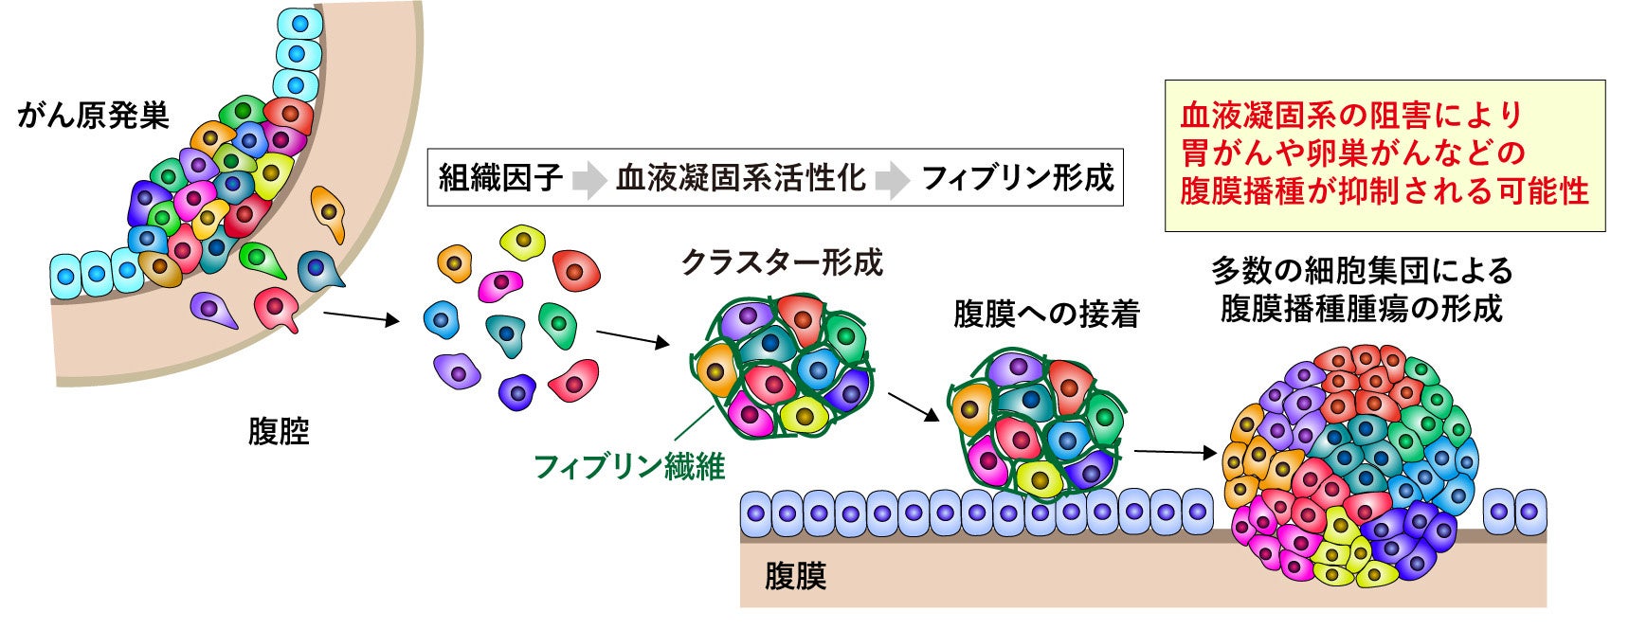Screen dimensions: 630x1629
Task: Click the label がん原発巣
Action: pos(93,116)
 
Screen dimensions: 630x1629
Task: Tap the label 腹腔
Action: pos(279,432)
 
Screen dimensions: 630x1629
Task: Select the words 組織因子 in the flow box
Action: pos(500,177)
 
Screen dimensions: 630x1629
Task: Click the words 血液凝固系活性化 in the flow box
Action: pos(740,177)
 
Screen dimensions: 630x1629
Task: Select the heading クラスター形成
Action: pos(782,262)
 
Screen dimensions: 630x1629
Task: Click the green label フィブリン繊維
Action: pos(629,466)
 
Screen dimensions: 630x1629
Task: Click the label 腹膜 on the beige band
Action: pos(795,576)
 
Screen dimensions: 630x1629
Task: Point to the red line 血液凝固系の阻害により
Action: pos(1351,116)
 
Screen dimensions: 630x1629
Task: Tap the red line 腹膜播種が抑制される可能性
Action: pos(1384,191)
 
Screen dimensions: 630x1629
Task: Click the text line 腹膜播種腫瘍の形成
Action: pos(1361,309)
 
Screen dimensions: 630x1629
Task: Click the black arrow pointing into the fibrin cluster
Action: pos(632,338)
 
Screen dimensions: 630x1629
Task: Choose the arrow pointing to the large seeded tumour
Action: pos(1175,453)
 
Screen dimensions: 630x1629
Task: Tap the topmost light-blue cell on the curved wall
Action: pos(297,24)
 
